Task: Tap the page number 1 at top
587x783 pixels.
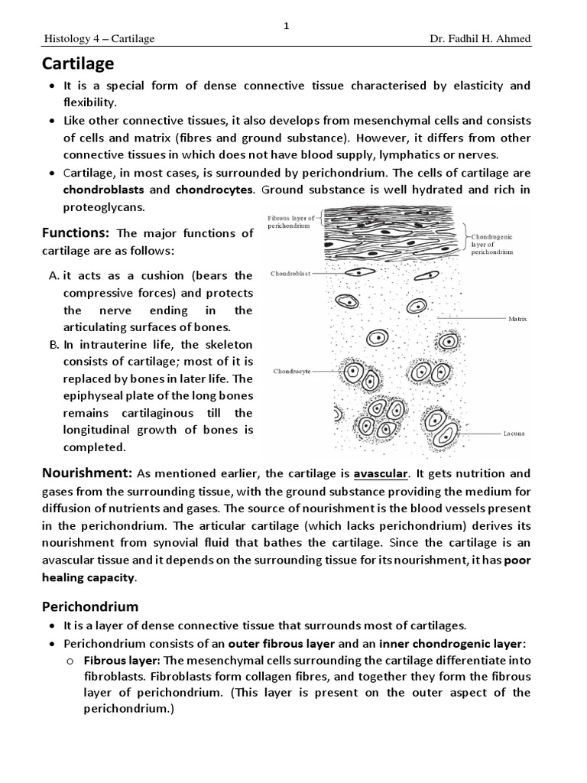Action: pyautogui.click(x=287, y=26)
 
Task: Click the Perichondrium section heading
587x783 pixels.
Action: pyautogui.click(x=89, y=606)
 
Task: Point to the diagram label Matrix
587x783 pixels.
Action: pyautogui.click(x=517, y=317)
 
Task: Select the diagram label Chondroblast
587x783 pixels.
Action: pyautogui.click(x=291, y=273)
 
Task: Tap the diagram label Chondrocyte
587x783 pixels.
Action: pyautogui.click(x=292, y=372)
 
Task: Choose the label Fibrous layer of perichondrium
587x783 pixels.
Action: pyautogui.click(x=290, y=223)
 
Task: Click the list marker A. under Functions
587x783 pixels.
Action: pyautogui.click(x=54, y=276)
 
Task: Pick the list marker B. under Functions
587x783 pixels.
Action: pyautogui.click(x=54, y=345)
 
